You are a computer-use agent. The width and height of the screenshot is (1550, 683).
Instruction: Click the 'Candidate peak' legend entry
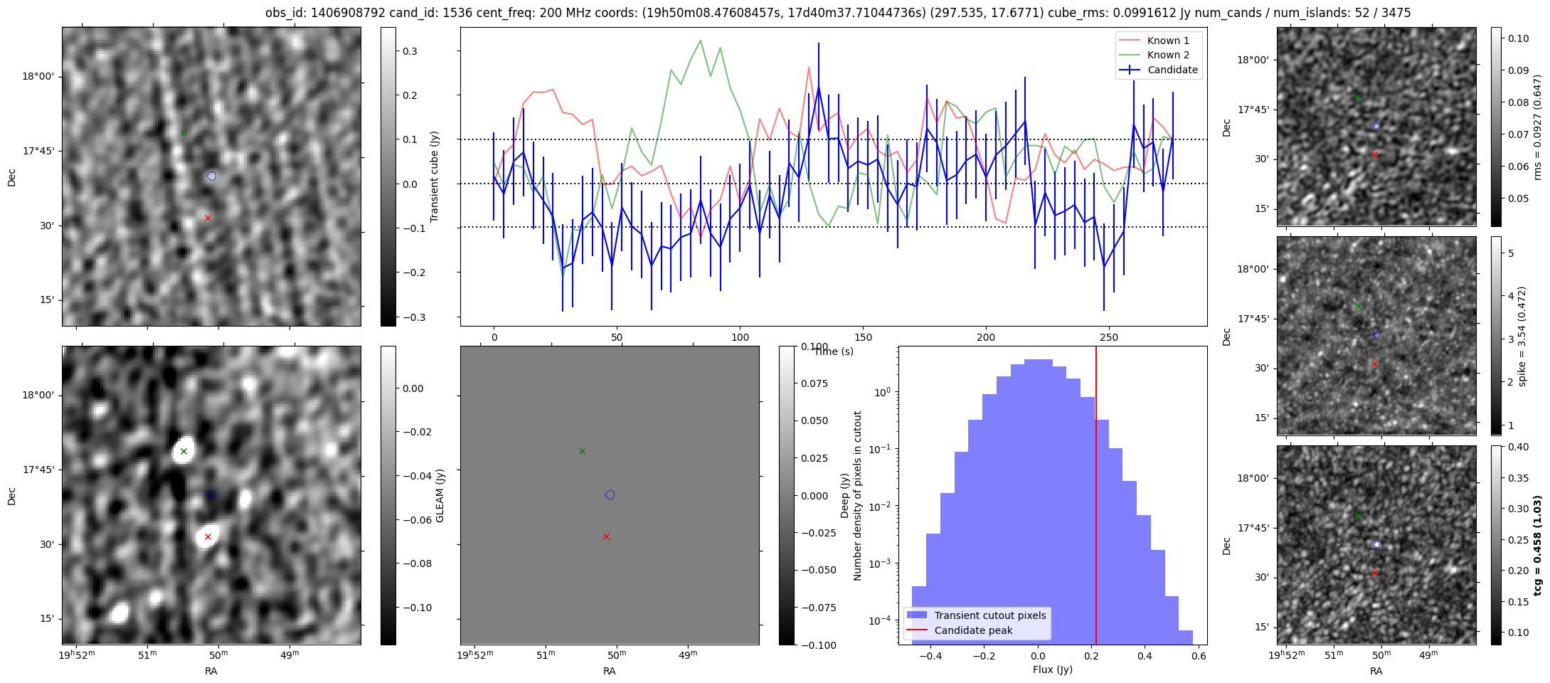click(973, 630)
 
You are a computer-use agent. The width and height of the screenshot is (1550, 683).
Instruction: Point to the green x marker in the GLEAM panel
click(184, 451)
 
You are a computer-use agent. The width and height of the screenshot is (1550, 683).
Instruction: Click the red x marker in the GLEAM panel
click(208, 536)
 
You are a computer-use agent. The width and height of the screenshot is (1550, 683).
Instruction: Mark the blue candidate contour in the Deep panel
click(610, 494)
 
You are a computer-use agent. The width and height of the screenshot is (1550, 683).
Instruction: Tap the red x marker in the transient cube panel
click(208, 218)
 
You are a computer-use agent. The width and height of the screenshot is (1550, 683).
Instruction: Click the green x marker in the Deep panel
click(582, 451)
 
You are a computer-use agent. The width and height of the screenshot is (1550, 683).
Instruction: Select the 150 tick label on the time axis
click(863, 338)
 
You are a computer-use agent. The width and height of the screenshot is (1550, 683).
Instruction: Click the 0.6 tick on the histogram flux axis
click(1199, 657)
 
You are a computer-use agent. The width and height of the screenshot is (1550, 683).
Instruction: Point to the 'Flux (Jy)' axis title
click(1052, 669)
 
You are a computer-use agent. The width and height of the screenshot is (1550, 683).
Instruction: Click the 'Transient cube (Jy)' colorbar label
click(435, 176)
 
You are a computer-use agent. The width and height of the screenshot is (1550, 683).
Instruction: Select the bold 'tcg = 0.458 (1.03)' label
click(1537, 545)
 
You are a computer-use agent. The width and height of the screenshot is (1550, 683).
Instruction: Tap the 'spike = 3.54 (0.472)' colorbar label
click(1522, 336)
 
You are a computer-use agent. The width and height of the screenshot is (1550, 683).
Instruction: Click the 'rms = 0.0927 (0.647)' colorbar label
click(1537, 127)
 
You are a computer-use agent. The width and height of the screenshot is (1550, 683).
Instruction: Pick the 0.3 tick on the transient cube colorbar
click(411, 51)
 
